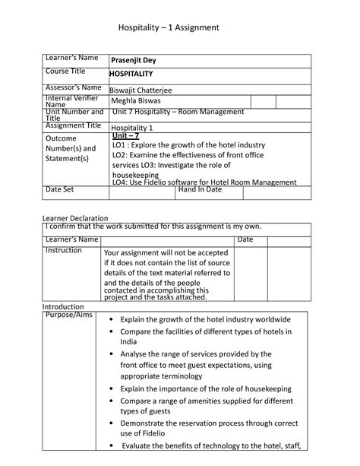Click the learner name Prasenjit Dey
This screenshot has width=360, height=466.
134,61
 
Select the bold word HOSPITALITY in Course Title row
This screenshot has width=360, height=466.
131,74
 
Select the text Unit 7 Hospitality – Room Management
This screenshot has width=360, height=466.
178,113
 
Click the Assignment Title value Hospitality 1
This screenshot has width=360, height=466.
132,128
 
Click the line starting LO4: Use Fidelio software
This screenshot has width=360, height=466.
204,182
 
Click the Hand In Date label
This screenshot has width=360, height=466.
200,189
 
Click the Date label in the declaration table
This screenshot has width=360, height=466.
245,239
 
